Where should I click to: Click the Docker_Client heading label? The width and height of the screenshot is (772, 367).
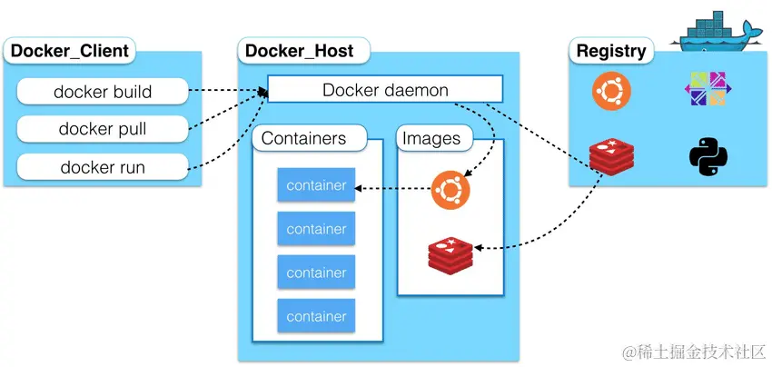70,51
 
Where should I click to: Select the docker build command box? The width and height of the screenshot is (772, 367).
103,92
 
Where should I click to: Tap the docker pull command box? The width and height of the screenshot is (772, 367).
103,129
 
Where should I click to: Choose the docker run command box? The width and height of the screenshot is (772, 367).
103,167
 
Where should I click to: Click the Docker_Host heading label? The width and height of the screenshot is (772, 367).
300,51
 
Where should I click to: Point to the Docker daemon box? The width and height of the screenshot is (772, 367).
385,90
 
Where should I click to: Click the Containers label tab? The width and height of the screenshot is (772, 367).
304,139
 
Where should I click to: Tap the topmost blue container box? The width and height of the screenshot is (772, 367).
316,185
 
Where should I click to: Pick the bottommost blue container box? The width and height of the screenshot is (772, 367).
316,316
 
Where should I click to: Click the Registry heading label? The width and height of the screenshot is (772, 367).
611,51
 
